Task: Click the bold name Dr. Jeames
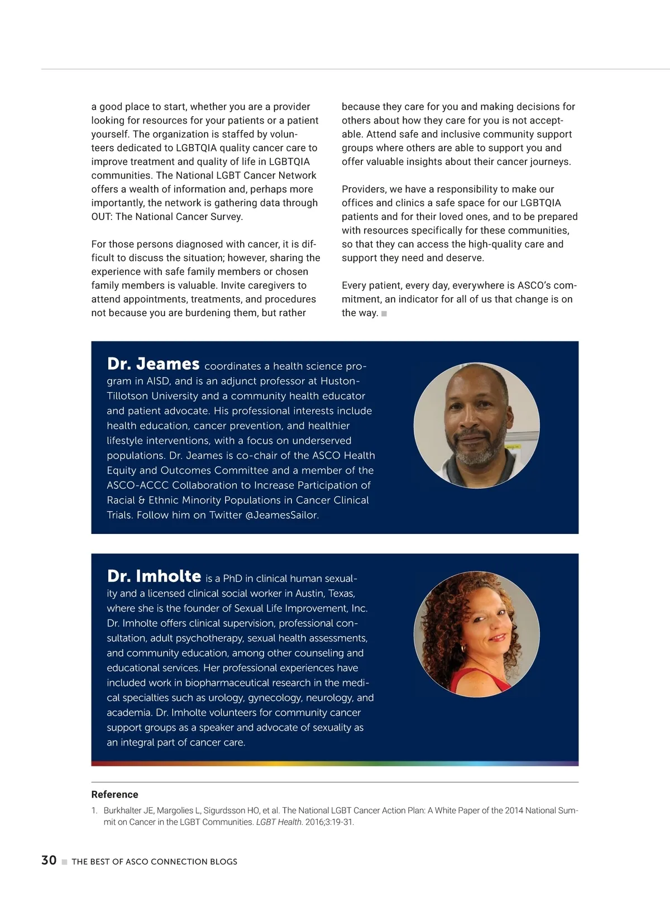[x=153, y=364]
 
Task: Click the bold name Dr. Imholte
[x=154, y=576]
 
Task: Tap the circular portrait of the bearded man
[x=476, y=426]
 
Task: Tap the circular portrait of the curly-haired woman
[x=476, y=634]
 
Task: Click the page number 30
[x=49, y=860]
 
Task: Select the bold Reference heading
[x=114, y=794]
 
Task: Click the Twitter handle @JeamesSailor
[x=282, y=515]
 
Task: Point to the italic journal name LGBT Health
[x=279, y=822]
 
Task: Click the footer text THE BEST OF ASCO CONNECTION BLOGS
[x=155, y=862]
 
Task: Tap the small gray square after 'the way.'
[x=384, y=314]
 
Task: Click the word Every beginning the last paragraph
[x=355, y=285]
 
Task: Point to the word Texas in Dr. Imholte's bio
[x=341, y=593]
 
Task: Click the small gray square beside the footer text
[x=64, y=862]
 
